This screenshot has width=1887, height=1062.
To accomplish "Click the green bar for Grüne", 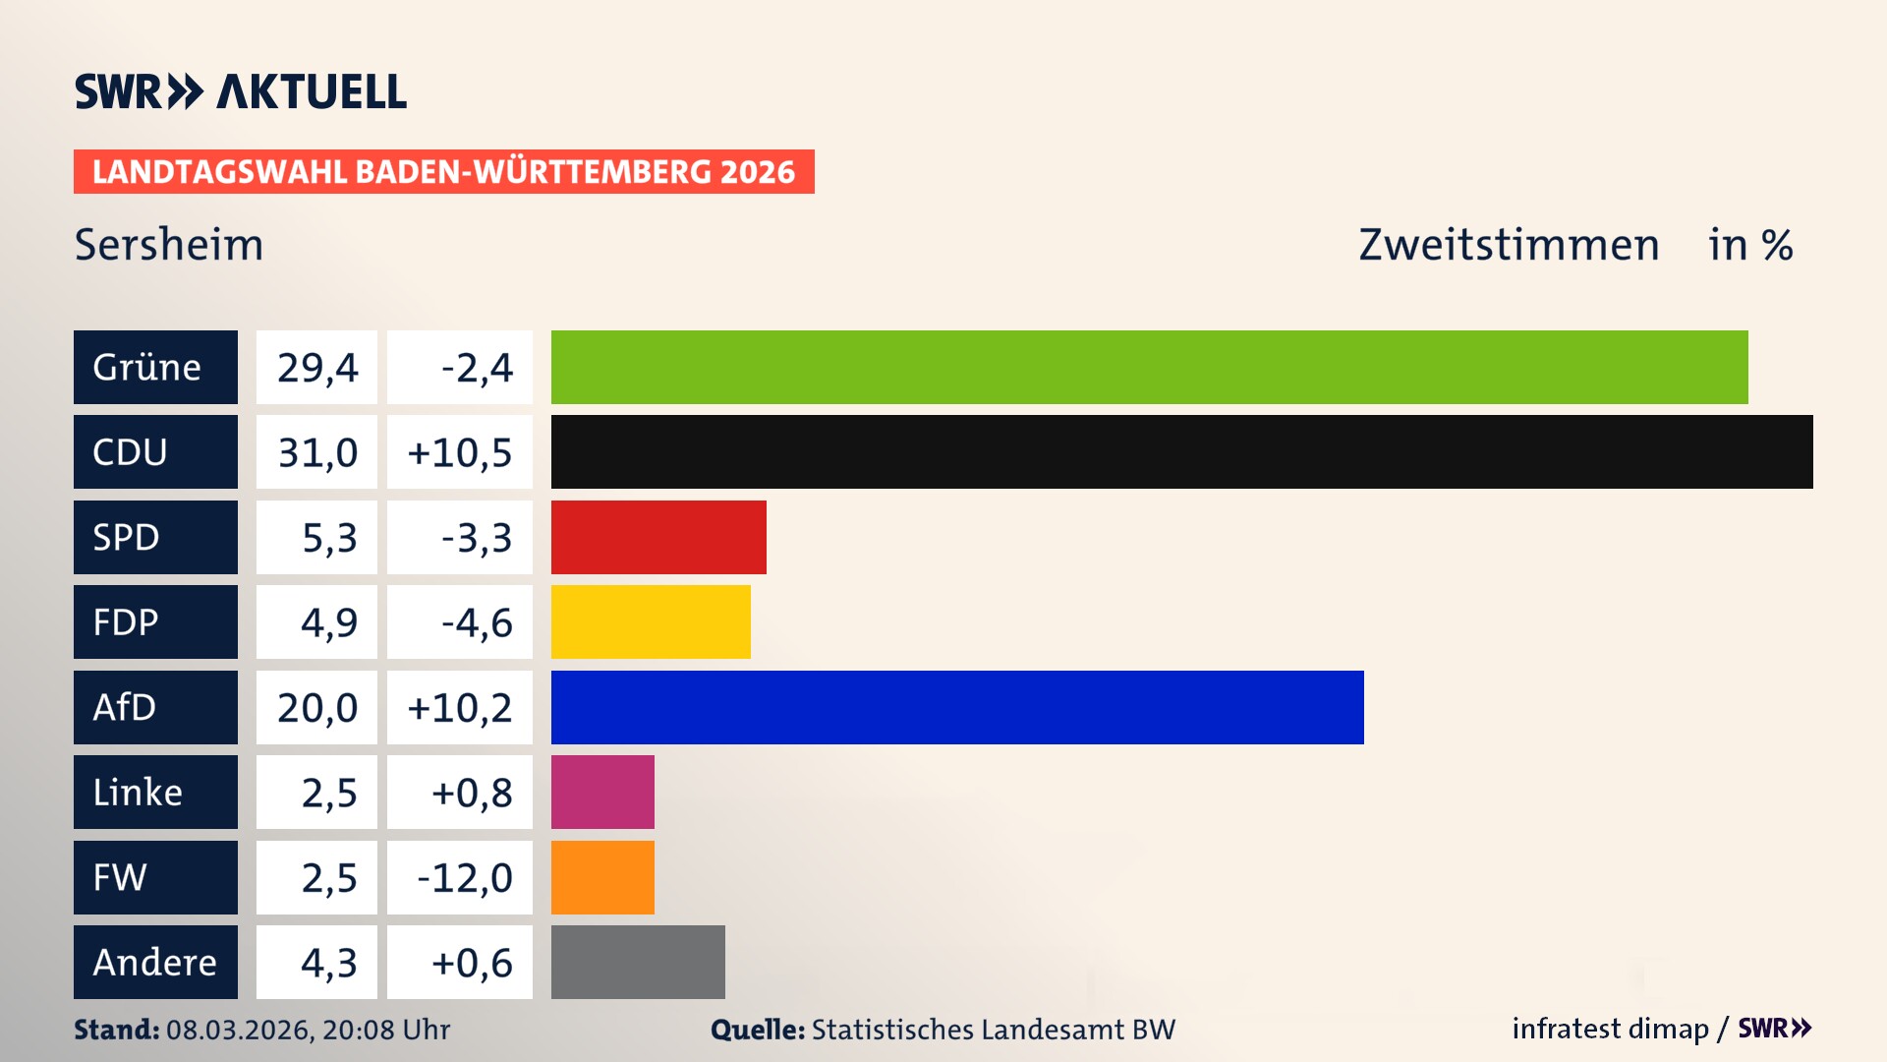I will (x=1149, y=367).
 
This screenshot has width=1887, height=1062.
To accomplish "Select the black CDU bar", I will (x=1181, y=451).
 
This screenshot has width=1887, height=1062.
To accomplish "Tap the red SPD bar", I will (x=658, y=537).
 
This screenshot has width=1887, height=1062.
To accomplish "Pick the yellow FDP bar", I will (x=651, y=621).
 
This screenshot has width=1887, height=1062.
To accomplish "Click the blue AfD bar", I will (x=957, y=707).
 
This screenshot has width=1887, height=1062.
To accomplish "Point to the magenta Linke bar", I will (x=602, y=792).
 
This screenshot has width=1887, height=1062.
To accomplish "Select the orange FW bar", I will (x=602, y=877).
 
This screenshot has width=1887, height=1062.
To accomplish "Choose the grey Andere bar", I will (x=638, y=962).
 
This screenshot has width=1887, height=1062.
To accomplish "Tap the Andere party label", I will (x=155, y=962).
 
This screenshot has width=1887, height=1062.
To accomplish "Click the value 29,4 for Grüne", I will (x=316, y=367).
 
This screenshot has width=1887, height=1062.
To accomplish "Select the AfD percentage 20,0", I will (x=316, y=707).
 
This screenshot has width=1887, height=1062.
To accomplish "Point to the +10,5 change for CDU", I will (x=460, y=451).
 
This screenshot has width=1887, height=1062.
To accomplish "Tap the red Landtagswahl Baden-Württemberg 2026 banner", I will (x=443, y=171).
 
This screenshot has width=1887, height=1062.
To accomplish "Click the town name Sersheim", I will (x=169, y=244).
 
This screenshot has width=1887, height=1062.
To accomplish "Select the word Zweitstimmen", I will (x=1509, y=244).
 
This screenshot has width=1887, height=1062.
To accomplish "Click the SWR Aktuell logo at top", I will (x=241, y=91).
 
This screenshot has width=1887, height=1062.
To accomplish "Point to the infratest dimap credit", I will (x=1610, y=1029).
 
